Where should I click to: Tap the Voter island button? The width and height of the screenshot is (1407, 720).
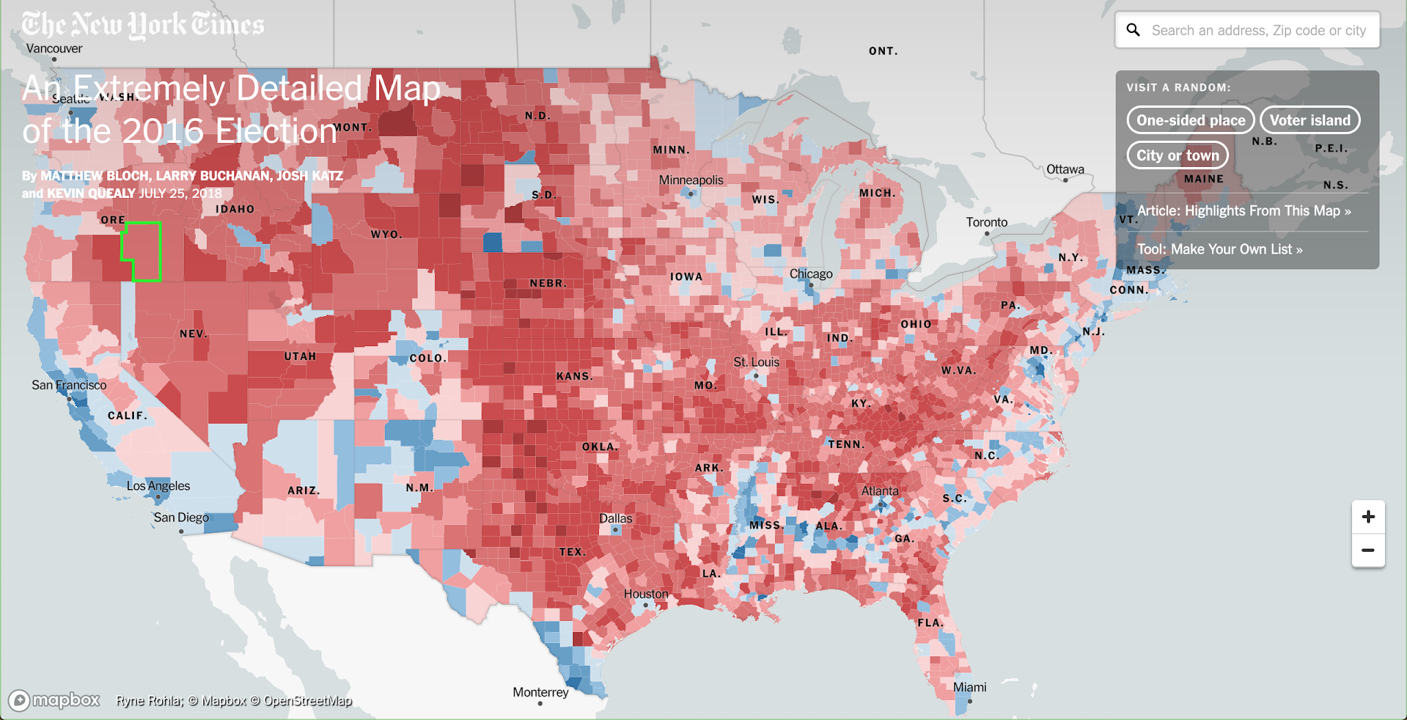pos(1309,120)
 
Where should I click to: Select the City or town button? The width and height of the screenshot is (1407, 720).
pos(1177,155)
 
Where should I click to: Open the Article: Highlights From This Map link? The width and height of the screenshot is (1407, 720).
pos(1243,211)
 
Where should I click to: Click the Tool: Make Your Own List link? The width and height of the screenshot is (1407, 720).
pos(1219,249)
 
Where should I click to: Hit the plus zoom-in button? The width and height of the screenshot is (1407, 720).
pos(1368,517)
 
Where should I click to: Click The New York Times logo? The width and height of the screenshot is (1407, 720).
pos(142,25)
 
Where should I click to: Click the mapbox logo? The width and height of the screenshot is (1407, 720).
pos(54,700)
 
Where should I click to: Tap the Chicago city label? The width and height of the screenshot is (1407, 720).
pos(811,273)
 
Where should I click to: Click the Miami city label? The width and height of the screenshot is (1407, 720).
pos(969,687)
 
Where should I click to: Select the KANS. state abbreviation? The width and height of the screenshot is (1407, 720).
pos(574,376)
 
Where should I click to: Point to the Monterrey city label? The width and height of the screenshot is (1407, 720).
pos(540,692)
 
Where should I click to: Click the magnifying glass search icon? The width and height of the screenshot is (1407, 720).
pos(1134,30)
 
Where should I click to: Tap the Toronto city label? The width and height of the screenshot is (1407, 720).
pos(987,222)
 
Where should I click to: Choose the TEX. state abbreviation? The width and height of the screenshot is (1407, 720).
pos(572,552)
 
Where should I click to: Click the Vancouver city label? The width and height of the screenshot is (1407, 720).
pos(54,48)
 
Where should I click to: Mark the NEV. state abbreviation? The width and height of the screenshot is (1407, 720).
pos(193,334)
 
